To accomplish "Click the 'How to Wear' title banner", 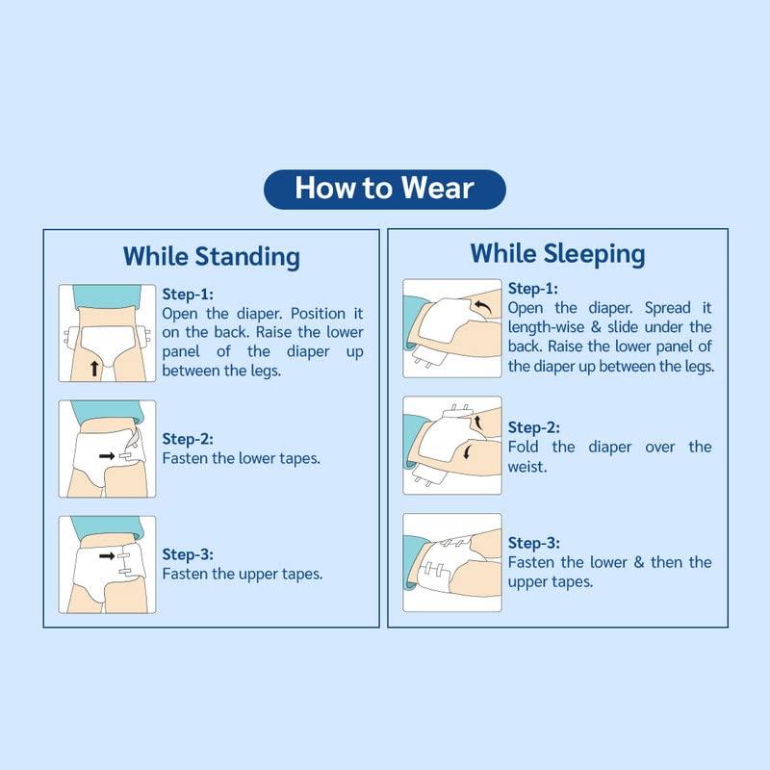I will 384,188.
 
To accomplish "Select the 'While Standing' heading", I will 211,257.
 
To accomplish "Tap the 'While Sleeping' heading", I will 557,254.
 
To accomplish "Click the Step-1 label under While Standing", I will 188,295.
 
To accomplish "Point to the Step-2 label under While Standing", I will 188,439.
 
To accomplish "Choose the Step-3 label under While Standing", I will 188,554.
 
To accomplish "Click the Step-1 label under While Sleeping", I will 533,289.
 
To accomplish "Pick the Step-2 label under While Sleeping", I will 533,427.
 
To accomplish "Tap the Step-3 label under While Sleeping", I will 533,543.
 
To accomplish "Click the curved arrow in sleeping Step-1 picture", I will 481,307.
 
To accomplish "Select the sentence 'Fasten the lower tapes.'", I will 241,458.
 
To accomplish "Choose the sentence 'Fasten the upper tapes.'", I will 242,574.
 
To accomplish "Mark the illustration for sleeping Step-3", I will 451,563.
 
